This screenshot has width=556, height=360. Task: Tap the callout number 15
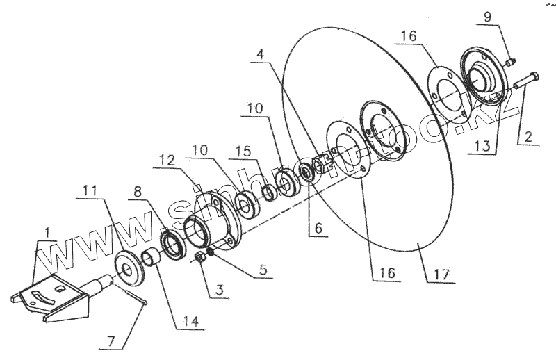pos(242,151)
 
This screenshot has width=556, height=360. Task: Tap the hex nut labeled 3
pos(199,258)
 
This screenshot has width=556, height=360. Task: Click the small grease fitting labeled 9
pos(509,62)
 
